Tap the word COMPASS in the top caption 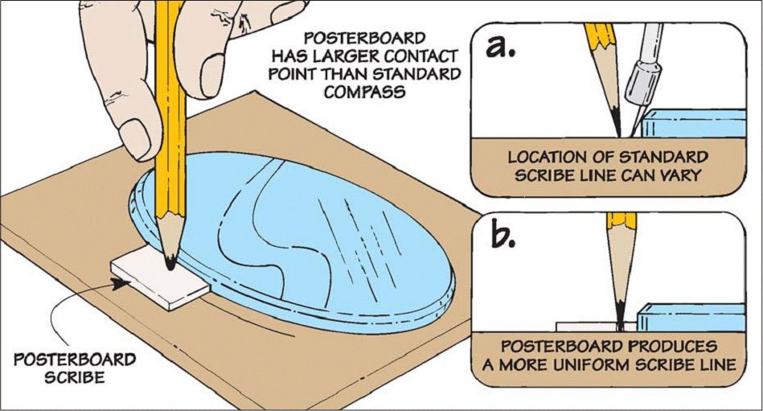(365, 92)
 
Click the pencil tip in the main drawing (170, 264)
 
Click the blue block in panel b (691, 318)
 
